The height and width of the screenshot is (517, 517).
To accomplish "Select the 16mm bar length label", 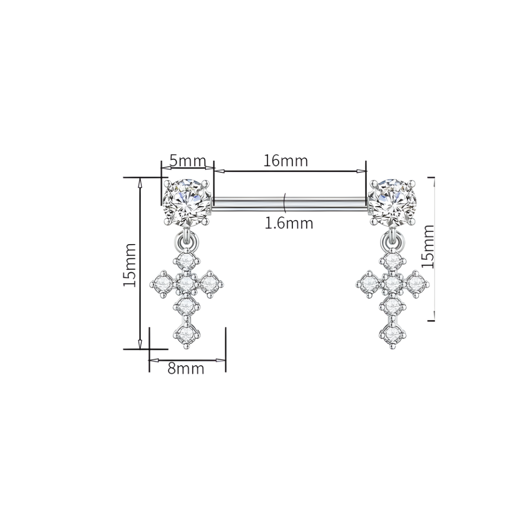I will (x=286, y=161).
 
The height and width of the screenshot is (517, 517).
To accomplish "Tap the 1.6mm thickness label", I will (x=289, y=223).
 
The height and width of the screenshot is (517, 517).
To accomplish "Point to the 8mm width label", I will (x=186, y=369).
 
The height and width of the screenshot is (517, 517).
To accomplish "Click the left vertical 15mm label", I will (x=130, y=265).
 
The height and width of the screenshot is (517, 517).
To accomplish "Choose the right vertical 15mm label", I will (x=427, y=246).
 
